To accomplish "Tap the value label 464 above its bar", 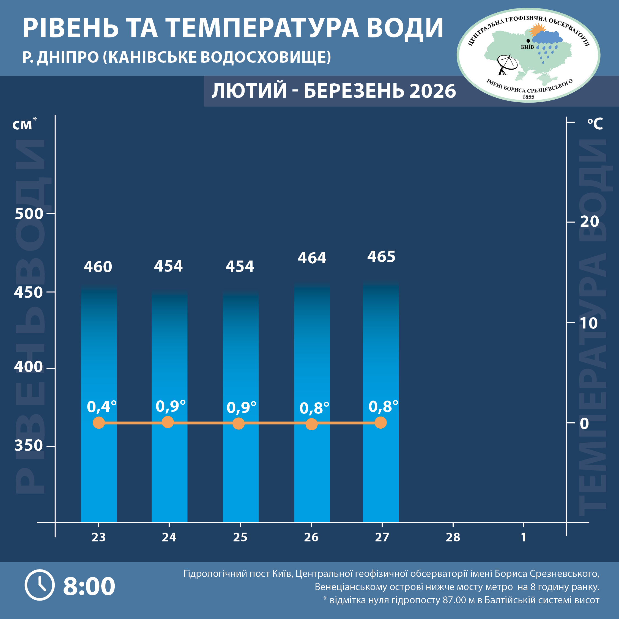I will pos(312,258).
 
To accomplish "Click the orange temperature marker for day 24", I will pos(168,422).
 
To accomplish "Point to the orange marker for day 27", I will pos(381,423).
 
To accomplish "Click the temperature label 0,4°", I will pos(102,407).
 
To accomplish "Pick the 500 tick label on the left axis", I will pos(29,214).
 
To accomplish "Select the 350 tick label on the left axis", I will pos(29,445).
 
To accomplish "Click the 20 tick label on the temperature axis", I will pos(590,221).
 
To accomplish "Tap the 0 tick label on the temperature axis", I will pos(584,424).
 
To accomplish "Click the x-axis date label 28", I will pos(453,537).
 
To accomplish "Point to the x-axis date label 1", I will pos(524,537).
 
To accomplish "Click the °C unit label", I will pos(595,124).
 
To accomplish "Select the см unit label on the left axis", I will pos(23,125).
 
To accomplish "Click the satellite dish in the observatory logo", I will pos(506,64).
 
